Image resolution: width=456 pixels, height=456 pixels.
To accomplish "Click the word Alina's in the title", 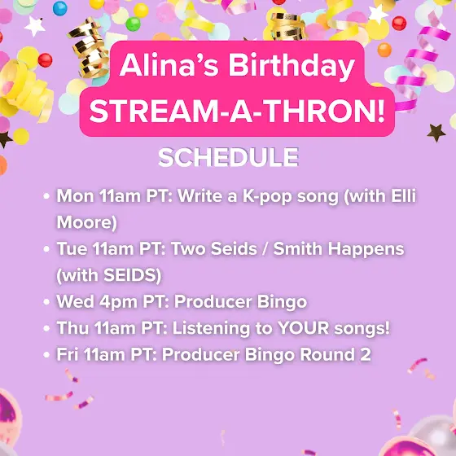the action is coord(169,65).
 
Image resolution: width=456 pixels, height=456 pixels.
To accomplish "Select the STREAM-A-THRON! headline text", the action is coord(237,112).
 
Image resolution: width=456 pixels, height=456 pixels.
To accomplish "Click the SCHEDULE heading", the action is coord(228,157).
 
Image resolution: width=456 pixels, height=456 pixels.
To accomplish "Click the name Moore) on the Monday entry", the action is coord(86,222).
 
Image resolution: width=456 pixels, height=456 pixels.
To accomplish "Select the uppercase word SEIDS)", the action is coord(132,275).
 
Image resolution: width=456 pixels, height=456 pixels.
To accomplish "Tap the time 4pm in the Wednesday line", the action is coord(118,302).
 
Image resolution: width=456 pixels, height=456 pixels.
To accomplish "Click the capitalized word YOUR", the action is coord(303,327).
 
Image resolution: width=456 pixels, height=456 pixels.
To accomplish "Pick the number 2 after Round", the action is coord(366,354).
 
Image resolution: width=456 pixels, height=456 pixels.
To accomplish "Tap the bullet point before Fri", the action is coord(46,355).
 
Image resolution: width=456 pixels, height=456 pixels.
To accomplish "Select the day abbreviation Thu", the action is coord(72,327).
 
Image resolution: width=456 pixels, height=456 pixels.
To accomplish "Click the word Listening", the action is coord(211,329).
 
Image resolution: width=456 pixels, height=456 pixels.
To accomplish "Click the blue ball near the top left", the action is coord(60,8).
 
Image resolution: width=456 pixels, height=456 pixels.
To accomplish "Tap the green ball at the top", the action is coord(134,24).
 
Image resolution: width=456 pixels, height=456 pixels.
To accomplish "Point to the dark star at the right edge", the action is coord(436,133).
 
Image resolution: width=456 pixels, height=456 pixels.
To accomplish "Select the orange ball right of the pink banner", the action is coord(384,50).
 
